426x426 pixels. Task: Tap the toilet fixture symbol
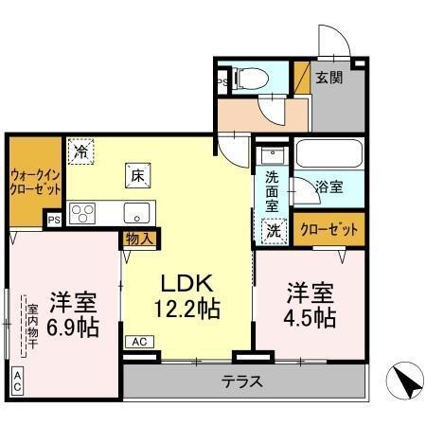248,78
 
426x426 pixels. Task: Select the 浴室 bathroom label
330,186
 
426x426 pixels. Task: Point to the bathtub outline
327,154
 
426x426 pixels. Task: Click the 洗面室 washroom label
272,188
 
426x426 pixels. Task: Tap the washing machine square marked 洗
273,228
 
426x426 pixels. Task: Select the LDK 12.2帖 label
187,295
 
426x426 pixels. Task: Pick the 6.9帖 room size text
72,328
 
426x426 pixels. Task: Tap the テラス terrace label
242,382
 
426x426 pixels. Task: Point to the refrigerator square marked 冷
81,151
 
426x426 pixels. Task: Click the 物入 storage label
140,240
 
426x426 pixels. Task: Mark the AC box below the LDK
138,342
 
